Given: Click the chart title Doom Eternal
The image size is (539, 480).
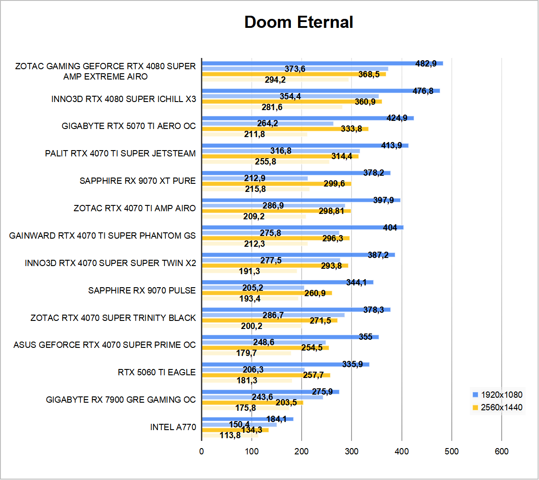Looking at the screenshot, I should [x=298, y=22].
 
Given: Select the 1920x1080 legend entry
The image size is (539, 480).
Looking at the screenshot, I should [x=501, y=395].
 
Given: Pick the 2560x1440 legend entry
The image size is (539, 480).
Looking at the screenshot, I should [x=501, y=407].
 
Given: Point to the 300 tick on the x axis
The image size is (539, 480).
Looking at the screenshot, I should [x=352, y=451].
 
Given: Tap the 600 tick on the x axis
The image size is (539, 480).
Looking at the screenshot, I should [x=502, y=451].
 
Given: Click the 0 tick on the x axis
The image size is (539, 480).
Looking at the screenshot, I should [x=202, y=451].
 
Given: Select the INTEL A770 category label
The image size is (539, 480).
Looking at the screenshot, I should [x=173, y=427].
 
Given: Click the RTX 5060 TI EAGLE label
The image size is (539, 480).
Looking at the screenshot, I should [x=157, y=372].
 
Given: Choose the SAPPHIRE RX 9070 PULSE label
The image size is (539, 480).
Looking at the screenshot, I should [x=142, y=290].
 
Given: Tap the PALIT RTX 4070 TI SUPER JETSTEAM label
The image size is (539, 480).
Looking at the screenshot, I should [x=120, y=153].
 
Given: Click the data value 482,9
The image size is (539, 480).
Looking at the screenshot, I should [x=426, y=63].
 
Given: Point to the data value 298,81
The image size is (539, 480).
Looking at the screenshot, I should [x=331, y=211].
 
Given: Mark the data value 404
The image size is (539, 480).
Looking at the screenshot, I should [x=390, y=227].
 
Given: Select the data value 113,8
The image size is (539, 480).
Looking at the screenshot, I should [x=230, y=435].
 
